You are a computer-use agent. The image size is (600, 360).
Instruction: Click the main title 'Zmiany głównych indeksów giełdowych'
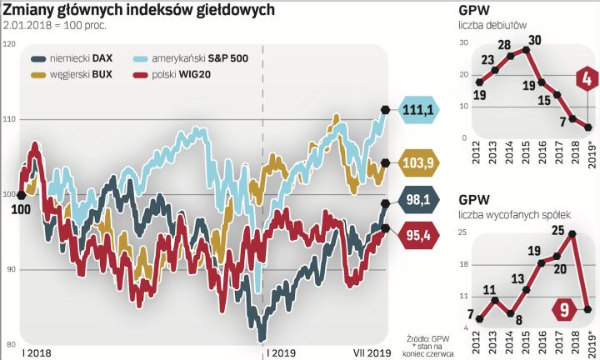[x=137, y=11]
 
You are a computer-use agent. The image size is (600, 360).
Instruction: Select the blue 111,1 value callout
[x=418, y=110]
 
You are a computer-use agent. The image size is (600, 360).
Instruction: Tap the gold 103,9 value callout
[x=419, y=162]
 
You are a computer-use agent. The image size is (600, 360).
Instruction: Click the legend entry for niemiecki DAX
[x=77, y=60]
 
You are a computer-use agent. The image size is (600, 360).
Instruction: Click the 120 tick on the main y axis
[x=10, y=45]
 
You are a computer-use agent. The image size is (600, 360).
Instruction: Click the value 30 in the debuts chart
[x=535, y=40]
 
